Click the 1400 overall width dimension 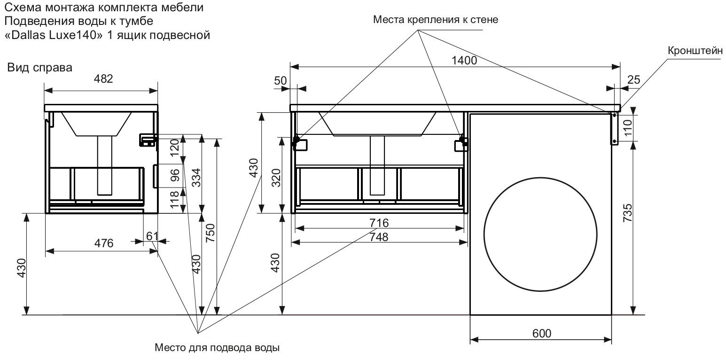(x=464, y=60)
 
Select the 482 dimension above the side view (x=103, y=79)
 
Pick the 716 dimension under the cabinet (x=379, y=223)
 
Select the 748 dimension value (x=379, y=237)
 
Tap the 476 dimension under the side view (x=104, y=243)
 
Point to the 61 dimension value (x=151, y=236)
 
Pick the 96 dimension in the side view (x=175, y=175)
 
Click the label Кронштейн (x=694, y=51)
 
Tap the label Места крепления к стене (x=435, y=20)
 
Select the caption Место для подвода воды (x=217, y=348)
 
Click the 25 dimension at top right (x=633, y=80)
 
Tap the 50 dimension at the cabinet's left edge (x=281, y=80)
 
